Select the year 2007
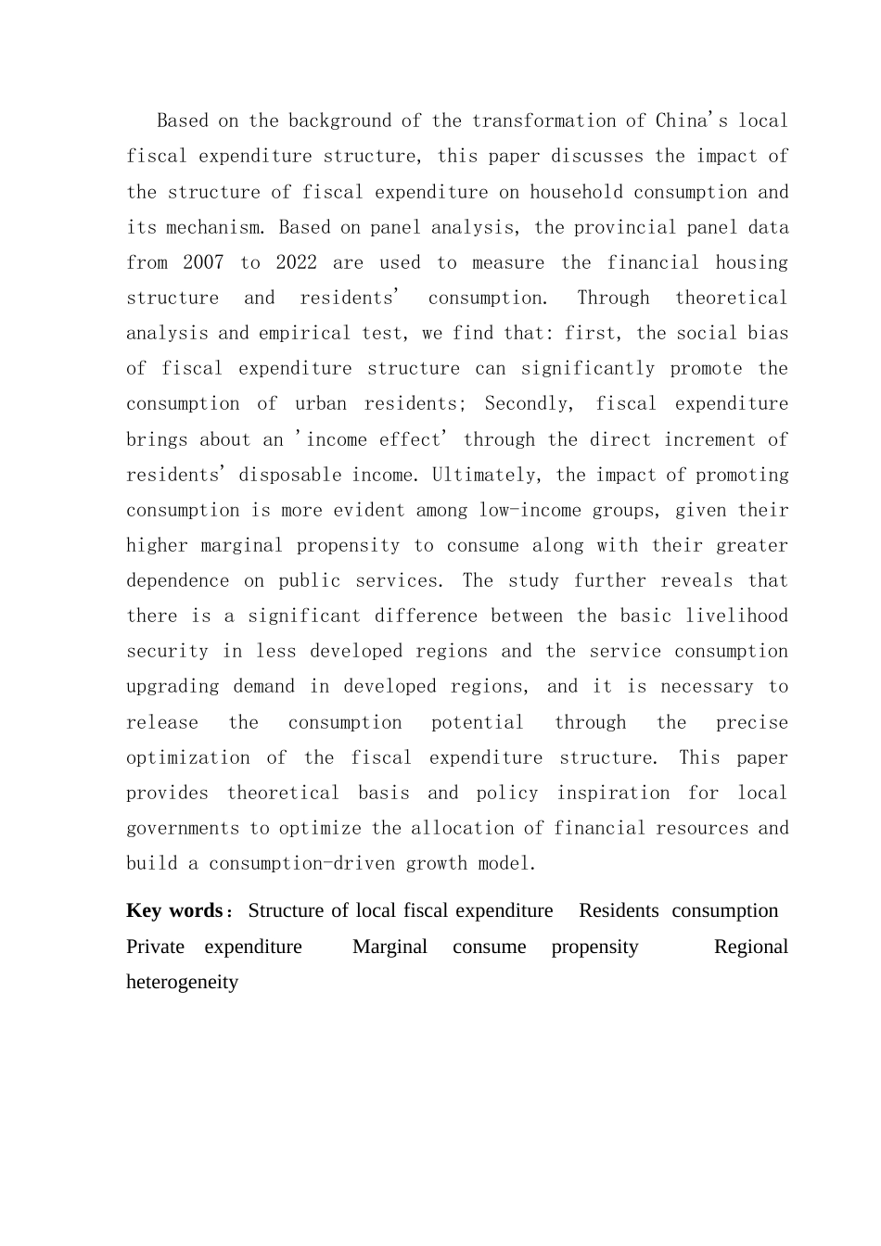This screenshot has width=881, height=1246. [203, 262]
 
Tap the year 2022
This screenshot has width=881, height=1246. [296, 262]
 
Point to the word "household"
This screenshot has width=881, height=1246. [576, 192]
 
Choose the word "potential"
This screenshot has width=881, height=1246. [477, 722]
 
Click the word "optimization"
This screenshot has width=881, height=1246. [188, 757]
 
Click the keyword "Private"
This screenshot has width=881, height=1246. [155, 947]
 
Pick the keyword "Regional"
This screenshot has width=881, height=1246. [750, 947]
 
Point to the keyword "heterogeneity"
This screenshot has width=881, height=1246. [182, 982]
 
